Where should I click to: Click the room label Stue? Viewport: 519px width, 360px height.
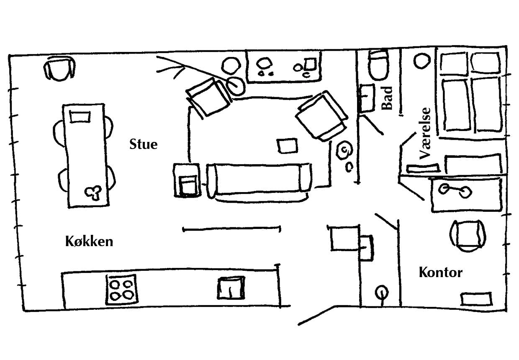click(x=144, y=144)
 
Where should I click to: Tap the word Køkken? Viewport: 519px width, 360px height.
click(x=89, y=242)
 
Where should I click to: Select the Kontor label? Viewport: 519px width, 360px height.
click(x=440, y=273)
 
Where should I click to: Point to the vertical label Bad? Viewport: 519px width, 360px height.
click(x=388, y=98)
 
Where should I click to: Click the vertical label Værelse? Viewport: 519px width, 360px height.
click(x=425, y=134)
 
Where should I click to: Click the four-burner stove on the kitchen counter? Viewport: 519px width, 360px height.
click(x=121, y=289)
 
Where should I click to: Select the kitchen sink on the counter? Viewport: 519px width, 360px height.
click(x=230, y=288)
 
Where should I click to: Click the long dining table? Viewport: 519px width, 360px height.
click(x=86, y=155)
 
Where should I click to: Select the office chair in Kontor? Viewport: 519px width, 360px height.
click(x=468, y=236)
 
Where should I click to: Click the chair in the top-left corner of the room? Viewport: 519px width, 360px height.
click(x=61, y=69)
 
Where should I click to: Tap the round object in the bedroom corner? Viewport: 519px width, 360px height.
click(x=421, y=61)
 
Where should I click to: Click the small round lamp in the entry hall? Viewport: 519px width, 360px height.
click(x=381, y=291)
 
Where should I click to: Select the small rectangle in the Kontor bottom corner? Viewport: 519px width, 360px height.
click(x=476, y=299)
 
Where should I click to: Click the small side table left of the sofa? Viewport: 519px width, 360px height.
click(x=187, y=180)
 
